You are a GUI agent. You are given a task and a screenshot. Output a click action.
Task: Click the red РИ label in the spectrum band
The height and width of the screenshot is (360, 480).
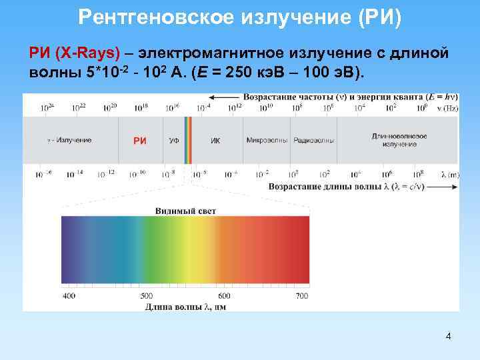pyautogui.click(x=140, y=141)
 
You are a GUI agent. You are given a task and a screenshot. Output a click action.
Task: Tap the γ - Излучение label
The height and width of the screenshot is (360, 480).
pyautogui.click(x=69, y=140)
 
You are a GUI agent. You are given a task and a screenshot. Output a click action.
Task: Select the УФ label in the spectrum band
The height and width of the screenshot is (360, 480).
pyautogui.click(x=173, y=141)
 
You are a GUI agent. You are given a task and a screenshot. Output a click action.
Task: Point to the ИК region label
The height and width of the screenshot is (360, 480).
pyautogui.click(x=215, y=141)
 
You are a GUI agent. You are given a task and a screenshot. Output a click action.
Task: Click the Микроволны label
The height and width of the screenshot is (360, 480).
pyautogui.click(x=267, y=141)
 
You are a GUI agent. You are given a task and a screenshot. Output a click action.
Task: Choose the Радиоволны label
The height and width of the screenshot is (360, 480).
pyautogui.click(x=312, y=141)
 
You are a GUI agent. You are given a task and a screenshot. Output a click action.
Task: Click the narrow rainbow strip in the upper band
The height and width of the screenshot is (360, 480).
pyautogui.click(x=188, y=141)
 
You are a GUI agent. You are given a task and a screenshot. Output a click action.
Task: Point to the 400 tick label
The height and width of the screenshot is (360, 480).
pyautogui.click(x=69, y=295)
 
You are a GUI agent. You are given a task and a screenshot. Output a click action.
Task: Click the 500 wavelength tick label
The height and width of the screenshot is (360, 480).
pyautogui.click(x=146, y=295)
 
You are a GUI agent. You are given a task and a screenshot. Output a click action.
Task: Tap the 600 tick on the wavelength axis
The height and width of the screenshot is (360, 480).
pyautogui.click(x=224, y=295)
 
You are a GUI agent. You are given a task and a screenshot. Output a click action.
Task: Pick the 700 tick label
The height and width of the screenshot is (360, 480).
pyautogui.click(x=301, y=295)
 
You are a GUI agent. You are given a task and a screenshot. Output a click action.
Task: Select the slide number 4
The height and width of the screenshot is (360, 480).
pyautogui.click(x=448, y=336)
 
